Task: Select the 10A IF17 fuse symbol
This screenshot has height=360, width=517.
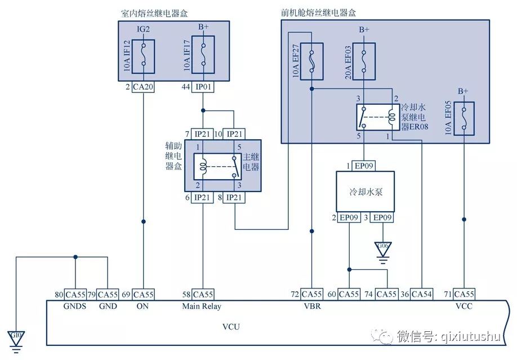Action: pyautogui.click(x=203, y=55)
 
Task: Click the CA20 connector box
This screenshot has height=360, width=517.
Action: pyautogui.click(x=143, y=87)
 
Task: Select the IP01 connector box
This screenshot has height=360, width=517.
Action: pyautogui.click(x=203, y=87)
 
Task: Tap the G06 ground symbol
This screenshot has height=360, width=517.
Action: pyautogui.click(x=383, y=248)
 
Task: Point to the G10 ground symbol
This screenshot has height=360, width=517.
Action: pyautogui.click(x=16, y=337)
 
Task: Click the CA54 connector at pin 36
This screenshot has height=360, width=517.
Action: pyautogui.click(x=422, y=294)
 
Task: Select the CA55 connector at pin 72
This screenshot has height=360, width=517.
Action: pyautogui.click(x=311, y=294)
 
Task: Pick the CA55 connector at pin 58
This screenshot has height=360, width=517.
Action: pyautogui.click(x=203, y=294)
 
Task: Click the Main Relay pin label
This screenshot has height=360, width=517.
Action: pyautogui.click(x=202, y=306)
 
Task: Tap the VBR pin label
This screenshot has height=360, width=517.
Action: pyautogui.click(x=311, y=306)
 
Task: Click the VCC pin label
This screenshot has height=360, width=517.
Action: pyautogui.click(x=463, y=306)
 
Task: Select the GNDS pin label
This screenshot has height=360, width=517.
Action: pyautogui.click(x=74, y=306)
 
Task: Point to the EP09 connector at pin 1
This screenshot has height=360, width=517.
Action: pyautogui.click(x=364, y=166)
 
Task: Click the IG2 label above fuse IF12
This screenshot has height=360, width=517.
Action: pyautogui.click(x=144, y=29)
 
